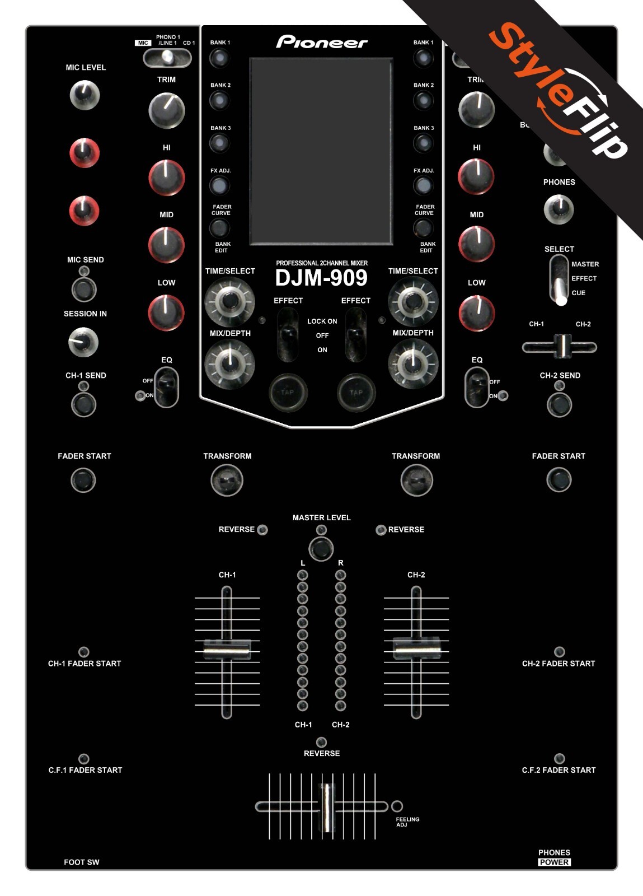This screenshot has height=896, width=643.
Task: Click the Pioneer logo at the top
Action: [x=322, y=42]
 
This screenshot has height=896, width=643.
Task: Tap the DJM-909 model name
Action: [x=321, y=278]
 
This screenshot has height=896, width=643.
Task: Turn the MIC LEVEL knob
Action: [x=85, y=95]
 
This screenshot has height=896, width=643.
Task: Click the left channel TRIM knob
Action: [x=166, y=110]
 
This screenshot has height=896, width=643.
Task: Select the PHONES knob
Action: [x=558, y=209]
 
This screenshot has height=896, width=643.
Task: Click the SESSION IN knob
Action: [x=83, y=342]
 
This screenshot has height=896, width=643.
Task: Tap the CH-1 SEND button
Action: [x=83, y=404]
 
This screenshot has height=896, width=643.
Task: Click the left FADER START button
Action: [x=83, y=480]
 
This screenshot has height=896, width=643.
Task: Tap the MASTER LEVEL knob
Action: [x=321, y=549]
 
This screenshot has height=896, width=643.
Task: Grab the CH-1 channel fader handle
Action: [x=226, y=650]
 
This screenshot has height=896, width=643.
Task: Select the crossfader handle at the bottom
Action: [x=325, y=807]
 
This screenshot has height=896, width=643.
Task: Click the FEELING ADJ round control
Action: [x=397, y=806]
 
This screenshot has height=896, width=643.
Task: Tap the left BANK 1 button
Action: [x=219, y=58]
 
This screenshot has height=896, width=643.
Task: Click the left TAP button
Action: [x=288, y=392]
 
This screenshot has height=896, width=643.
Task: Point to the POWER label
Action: [x=554, y=862]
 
